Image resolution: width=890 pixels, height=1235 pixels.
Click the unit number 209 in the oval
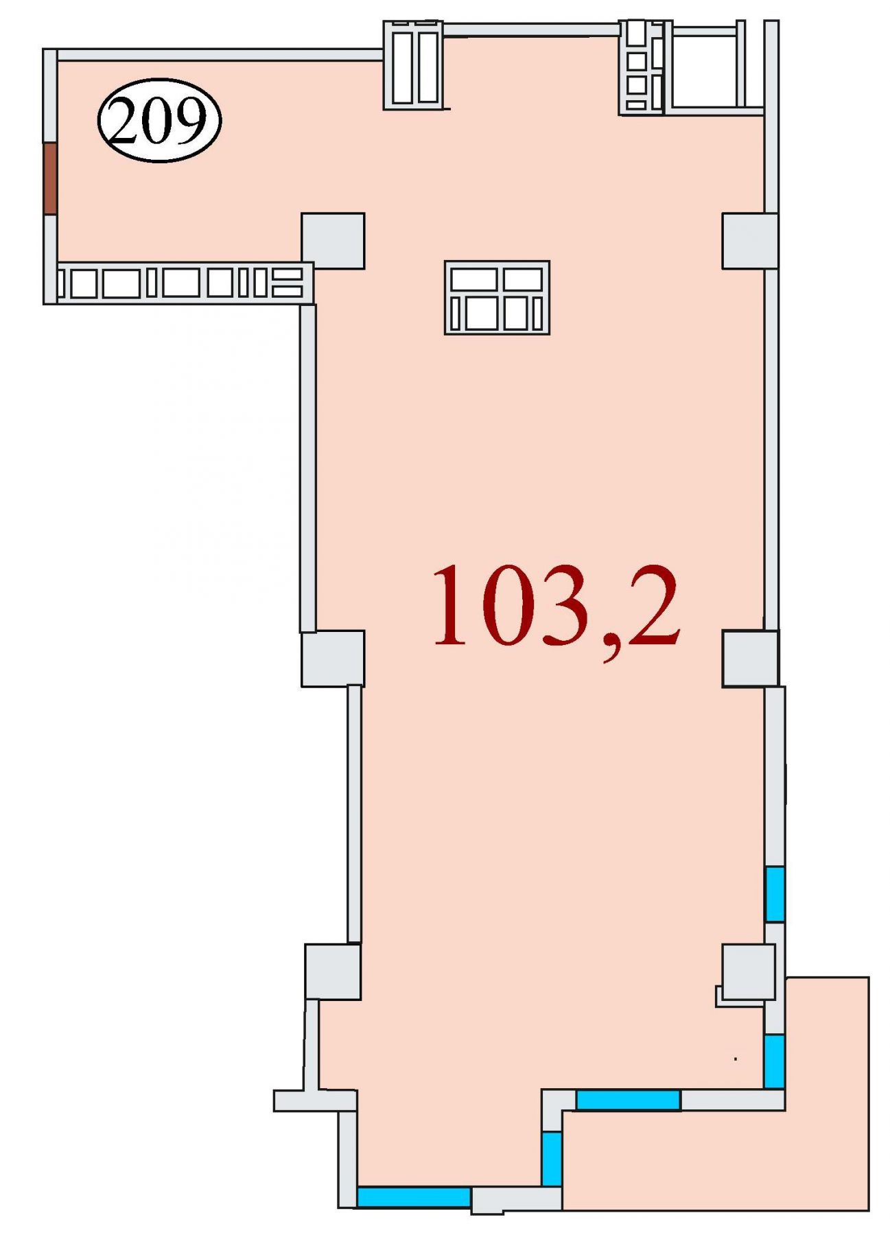(159, 121)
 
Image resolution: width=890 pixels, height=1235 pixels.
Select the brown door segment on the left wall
(49, 178)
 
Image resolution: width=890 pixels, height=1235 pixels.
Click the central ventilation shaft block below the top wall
(497, 297)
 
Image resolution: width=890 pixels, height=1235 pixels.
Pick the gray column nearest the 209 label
(333, 241)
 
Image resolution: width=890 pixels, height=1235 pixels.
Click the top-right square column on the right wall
(749, 241)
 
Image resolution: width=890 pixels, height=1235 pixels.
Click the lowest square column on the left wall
(333, 972)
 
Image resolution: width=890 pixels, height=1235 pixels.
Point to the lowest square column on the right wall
(748, 972)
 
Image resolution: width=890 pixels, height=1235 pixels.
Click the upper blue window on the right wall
(775, 894)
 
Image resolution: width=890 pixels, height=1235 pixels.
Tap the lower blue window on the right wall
(774, 1061)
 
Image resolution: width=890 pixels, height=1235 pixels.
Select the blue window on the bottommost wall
(414, 1197)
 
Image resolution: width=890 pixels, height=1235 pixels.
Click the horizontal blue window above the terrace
(628, 1100)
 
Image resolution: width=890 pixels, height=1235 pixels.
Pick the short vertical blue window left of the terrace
(552, 1158)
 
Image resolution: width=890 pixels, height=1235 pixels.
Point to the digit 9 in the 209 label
(189, 121)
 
